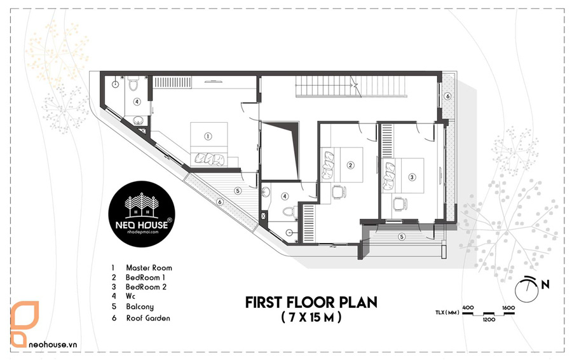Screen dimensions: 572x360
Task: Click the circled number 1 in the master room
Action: point(208,136)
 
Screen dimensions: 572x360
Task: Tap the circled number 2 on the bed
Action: point(350,165)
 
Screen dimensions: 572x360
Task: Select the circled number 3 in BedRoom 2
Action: point(412,177)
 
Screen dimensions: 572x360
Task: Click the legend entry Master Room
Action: point(149,268)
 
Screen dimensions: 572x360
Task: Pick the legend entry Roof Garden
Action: point(148,318)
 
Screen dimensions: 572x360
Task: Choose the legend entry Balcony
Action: point(140,307)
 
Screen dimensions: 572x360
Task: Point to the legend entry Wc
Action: point(130,296)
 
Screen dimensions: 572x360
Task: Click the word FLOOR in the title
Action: point(311,303)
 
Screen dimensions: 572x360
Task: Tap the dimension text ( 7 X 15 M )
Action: point(311,317)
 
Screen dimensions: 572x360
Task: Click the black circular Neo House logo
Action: point(142,214)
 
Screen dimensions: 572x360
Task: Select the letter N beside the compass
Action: point(545,284)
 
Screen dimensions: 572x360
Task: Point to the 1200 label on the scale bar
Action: point(489,319)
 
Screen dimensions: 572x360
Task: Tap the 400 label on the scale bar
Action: point(468,307)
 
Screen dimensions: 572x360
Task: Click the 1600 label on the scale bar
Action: point(508,307)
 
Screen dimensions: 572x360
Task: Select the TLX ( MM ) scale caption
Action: point(447,312)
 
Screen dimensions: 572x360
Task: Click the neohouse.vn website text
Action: point(53,344)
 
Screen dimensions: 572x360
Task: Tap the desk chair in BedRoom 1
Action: point(339,191)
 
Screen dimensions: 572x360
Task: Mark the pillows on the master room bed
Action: point(209,158)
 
